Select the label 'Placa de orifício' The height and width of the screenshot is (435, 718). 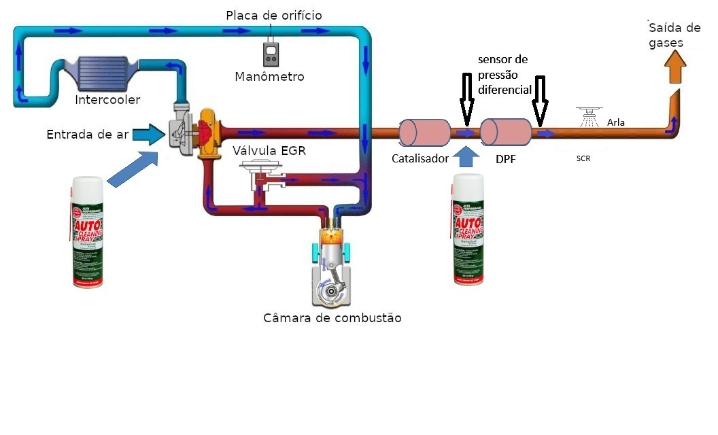[x=274, y=15]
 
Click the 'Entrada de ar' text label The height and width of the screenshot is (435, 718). [x=87, y=135]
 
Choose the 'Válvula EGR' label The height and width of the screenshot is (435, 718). [x=269, y=150]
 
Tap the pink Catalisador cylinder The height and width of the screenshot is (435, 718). [x=424, y=132]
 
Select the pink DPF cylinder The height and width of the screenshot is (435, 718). [x=505, y=132]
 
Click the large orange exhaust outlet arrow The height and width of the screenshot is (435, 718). [x=674, y=67]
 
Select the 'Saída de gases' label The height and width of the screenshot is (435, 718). [x=674, y=35]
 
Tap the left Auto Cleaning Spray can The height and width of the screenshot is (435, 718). [x=88, y=232]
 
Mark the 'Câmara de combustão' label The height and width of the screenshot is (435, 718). [x=332, y=318]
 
